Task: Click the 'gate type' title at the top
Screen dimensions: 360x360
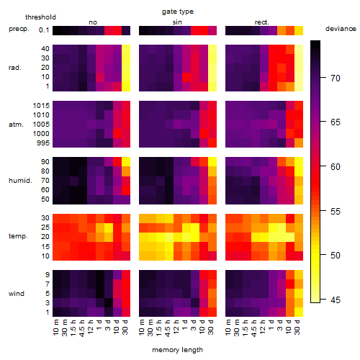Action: coord(178,12)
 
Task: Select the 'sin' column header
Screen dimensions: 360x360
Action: coord(177,22)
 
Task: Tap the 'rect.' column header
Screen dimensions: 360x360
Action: coord(262,22)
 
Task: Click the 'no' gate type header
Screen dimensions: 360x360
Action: coord(93,22)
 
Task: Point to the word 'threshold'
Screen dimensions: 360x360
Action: coord(40,17)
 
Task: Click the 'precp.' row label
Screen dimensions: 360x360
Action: coord(19,29)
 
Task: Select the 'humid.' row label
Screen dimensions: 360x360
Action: coord(20,181)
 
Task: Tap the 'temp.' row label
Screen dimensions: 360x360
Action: coord(18,236)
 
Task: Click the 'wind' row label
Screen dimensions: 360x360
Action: coord(17,294)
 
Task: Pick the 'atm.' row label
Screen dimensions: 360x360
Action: coord(16,125)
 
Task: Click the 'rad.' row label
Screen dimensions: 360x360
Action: coord(15,68)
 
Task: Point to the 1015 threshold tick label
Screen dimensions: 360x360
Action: coord(41,106)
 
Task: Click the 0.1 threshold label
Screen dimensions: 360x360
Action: coord(44,30)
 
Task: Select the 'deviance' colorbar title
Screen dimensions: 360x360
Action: coord(341,29)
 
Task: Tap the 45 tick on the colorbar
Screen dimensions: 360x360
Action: coord(336,300)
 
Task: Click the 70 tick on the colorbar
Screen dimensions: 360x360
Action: coord(336,78)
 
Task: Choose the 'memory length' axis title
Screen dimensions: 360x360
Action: coord(178,350)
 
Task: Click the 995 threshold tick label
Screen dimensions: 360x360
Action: coord(43,143)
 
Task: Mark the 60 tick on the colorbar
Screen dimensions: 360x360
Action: coord(336,167)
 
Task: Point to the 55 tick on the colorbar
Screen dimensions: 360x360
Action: coord(336,212)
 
